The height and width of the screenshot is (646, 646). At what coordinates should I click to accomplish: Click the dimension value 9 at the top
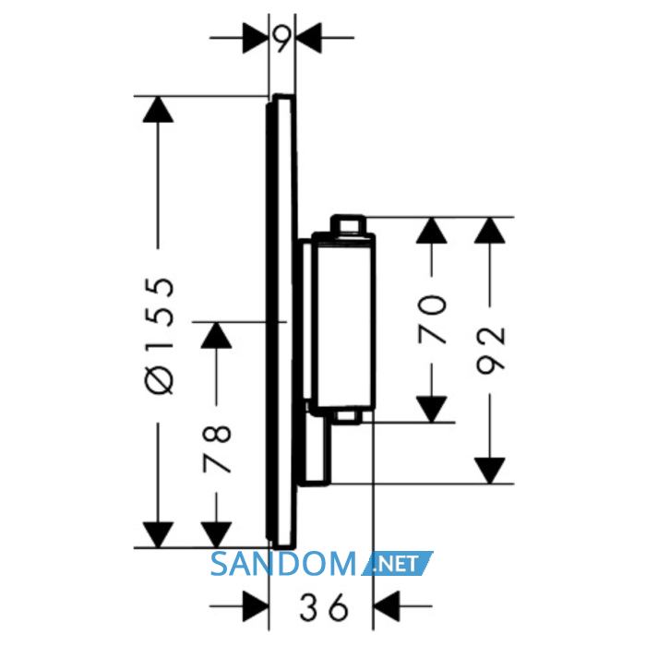[281, 39]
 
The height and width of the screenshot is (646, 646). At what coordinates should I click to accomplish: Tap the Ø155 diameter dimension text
[160, 336]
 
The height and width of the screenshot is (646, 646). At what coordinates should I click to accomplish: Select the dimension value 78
[217, 449]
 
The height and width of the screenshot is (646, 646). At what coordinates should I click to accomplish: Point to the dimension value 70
[432, 318]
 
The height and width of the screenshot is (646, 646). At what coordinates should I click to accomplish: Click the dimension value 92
[490, 350]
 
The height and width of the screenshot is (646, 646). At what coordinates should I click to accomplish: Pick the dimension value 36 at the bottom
[324, 607]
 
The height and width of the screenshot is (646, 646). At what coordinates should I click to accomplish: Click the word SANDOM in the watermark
[283, 564]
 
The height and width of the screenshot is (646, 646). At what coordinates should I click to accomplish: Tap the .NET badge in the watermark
[397, 563]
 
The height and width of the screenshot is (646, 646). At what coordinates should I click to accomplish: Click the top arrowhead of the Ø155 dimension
[158, 109]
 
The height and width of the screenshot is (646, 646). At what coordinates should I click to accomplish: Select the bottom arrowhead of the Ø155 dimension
[158, 534]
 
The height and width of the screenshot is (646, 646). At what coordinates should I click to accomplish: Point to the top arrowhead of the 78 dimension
[216, 335]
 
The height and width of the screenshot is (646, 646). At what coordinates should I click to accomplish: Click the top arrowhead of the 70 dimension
[431, 230]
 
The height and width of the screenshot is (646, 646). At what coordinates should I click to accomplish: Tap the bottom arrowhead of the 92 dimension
[490, 471]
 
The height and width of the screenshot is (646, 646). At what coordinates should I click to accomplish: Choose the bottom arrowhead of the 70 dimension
[431, 409]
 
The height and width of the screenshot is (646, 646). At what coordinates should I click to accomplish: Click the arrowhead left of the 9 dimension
[256, 38]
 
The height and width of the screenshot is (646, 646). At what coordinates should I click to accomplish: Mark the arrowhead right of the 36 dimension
[387, 606]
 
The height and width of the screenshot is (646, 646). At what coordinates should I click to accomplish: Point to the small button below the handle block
[347, 416]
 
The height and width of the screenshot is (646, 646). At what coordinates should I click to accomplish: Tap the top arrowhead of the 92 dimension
[490, 230]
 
